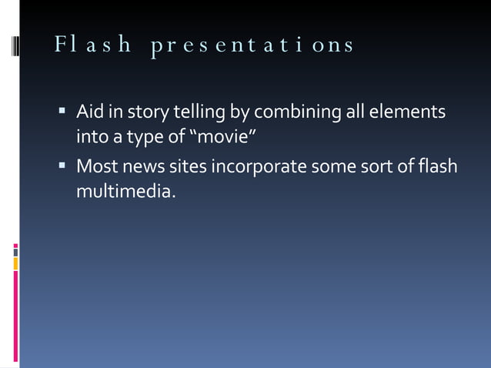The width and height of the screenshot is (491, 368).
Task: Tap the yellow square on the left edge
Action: (x=15, y=263)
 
